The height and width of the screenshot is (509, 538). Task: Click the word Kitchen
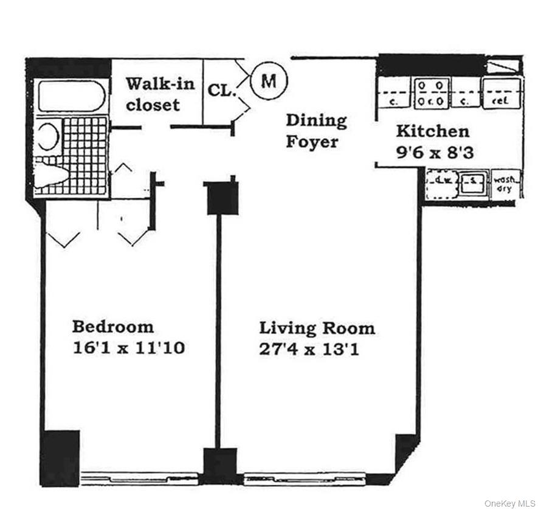[432, 131]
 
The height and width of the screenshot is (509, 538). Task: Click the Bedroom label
[113, 327]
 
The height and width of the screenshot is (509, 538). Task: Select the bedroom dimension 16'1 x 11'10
[128, 348]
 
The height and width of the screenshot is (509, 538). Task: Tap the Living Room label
[317, 328]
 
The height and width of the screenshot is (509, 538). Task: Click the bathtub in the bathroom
[69, 96]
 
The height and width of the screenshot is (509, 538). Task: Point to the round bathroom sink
[48, 135]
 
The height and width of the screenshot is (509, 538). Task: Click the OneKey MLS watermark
[509, 503]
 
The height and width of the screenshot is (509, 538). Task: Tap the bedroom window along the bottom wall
[139, 477]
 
